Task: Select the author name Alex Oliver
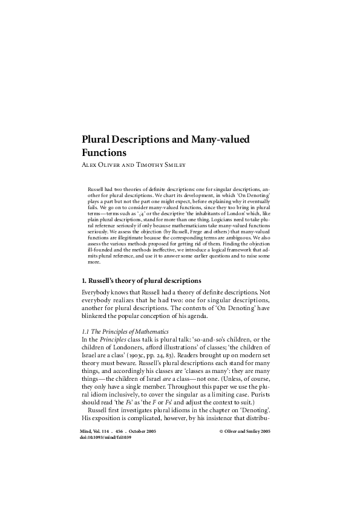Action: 100,164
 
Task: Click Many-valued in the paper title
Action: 224,139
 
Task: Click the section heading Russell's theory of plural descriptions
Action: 141,280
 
